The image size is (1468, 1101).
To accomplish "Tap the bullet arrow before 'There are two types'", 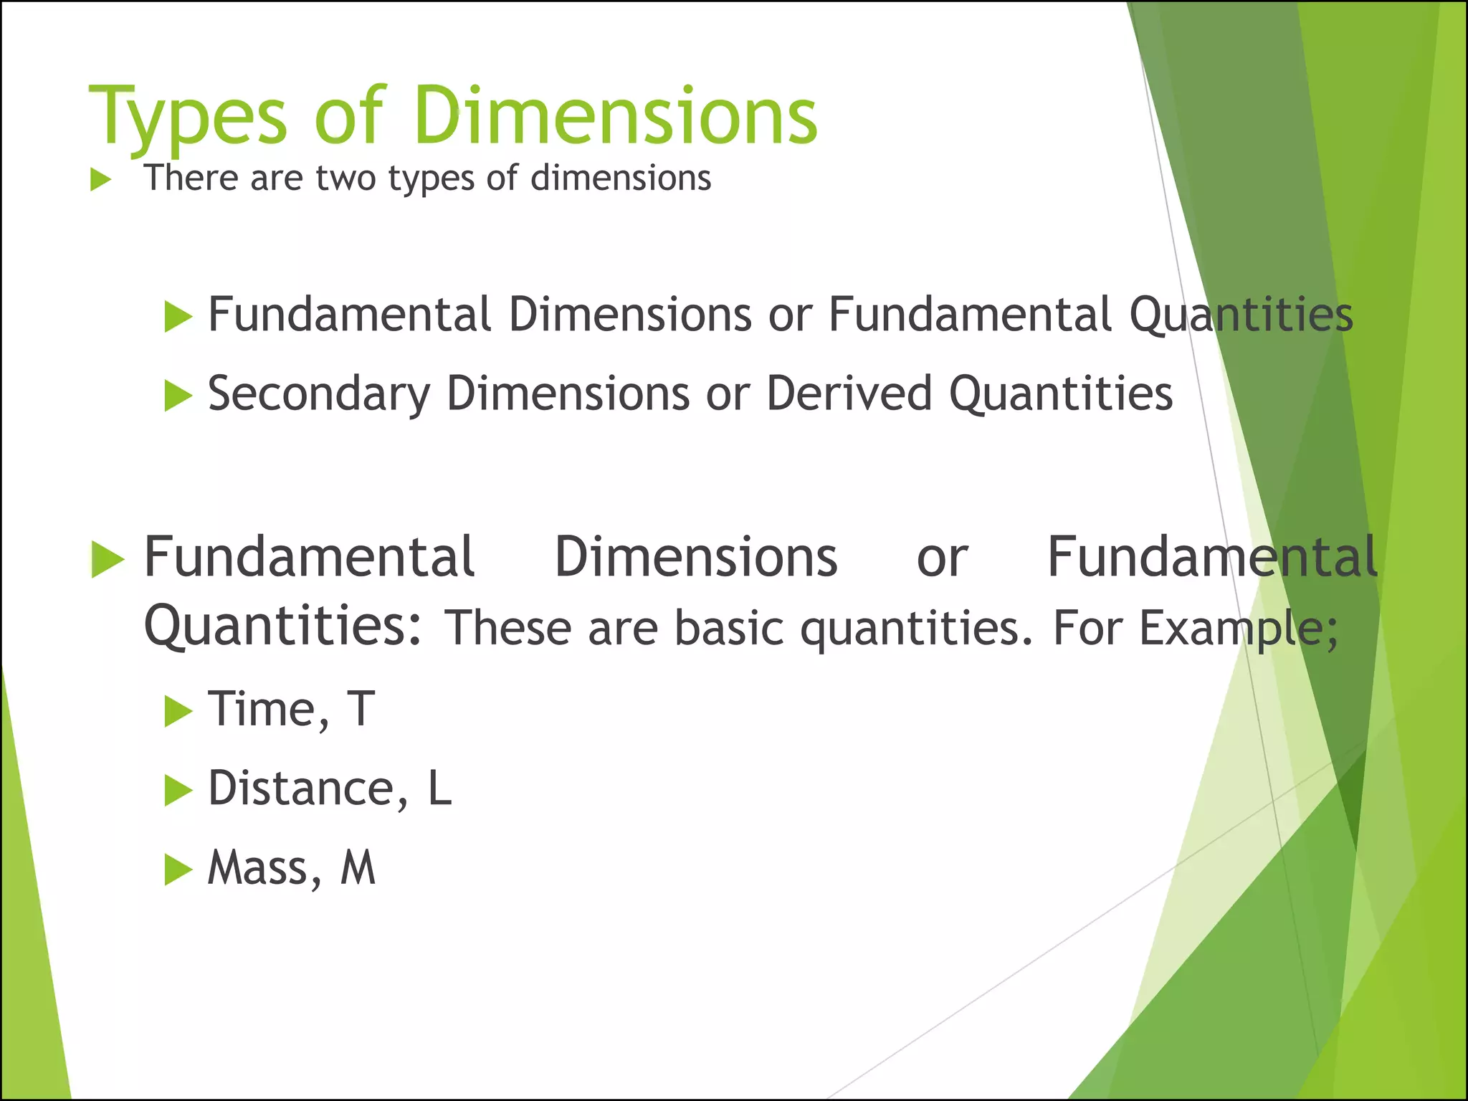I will click(101, 180).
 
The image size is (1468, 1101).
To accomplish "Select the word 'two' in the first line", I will click(345, 178).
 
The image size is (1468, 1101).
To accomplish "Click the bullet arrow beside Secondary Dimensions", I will click(178, 396).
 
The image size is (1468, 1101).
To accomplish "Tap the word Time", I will click(262, 710).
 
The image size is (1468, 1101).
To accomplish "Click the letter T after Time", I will click(361, 710).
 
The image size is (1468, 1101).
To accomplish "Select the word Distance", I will click(301, 788).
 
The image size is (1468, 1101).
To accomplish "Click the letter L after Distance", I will click(439, 788).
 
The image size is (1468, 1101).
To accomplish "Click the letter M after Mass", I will click(358, 868).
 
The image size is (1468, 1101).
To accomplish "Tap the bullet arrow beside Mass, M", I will click(178, 870).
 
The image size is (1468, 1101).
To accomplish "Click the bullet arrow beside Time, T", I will click(178, 712).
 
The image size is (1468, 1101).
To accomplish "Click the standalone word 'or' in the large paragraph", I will click(942, 557).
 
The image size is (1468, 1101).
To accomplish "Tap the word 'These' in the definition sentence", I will click(507, 628).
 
